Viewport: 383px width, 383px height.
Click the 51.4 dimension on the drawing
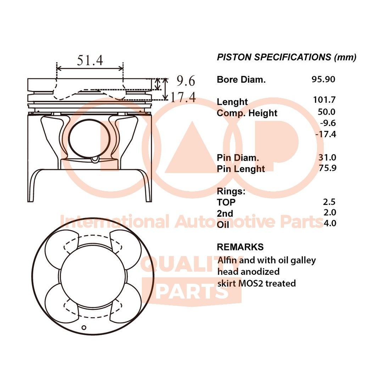(90, 60)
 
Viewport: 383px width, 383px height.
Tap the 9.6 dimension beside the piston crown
(186, 81)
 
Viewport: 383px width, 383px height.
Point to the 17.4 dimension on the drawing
(183, 97)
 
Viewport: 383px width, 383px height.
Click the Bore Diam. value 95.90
(323, 79)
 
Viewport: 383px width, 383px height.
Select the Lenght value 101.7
(324, 100)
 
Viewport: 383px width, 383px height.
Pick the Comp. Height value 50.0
(327, 112)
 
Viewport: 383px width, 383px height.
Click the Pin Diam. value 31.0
(327, 157)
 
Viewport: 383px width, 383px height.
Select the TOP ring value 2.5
(329, 202)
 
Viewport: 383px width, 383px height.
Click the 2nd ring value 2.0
(329, 212)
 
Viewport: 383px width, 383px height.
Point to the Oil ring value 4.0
(329, 223)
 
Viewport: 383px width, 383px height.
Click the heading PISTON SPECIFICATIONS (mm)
(287, 57)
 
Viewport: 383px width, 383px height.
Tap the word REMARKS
(240, 247)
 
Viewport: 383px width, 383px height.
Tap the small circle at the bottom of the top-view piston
(84, 327)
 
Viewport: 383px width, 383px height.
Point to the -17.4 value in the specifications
(325, 134)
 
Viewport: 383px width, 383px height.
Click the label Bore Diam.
(241, 80)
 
